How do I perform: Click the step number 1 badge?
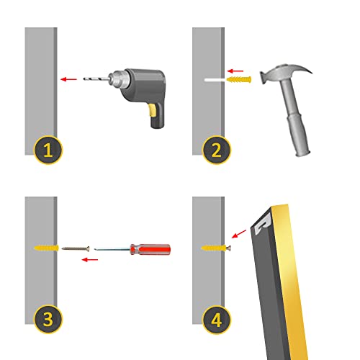click(48, 150)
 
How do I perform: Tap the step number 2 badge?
click(217, 150)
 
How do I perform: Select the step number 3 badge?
click(48, 319)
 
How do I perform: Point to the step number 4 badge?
click(217, 319)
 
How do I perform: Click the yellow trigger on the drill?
click(153, 110)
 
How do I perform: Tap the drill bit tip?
click(84, 78)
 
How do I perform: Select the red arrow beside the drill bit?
click(68, 79)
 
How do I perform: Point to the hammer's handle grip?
click(300, 135)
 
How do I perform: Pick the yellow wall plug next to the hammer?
click(239, 79)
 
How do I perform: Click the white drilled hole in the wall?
click(214, 80)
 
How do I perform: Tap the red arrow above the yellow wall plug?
click(235, 71)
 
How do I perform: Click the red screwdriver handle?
click(150, 249)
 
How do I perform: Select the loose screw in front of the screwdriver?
click(76, 248)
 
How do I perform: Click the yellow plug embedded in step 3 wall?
click(46, 248)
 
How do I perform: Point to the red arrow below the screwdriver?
click(90, 259)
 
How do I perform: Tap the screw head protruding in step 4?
click(229, 248)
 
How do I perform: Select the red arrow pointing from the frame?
click(239, 234)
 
